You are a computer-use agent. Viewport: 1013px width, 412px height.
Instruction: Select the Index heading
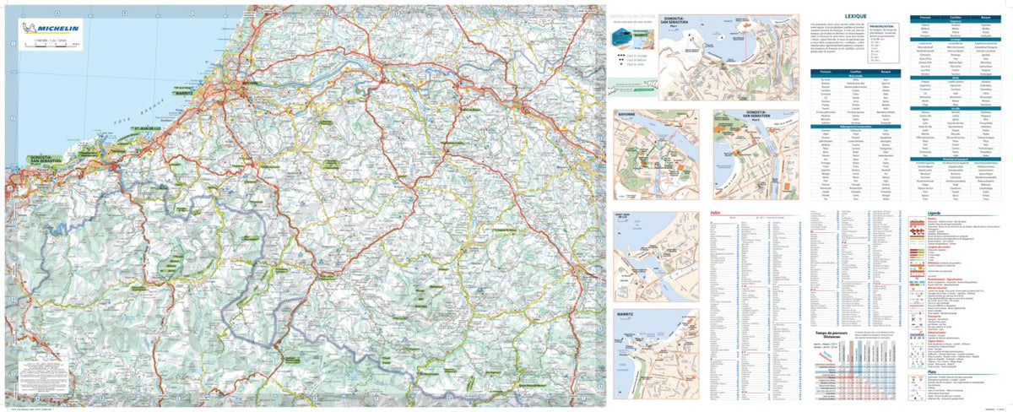[x=716, y=214]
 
